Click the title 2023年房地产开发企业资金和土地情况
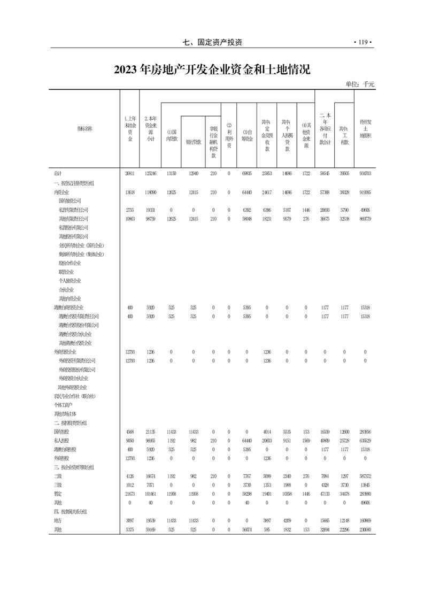click(212, 70)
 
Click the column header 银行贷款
click(193, 142)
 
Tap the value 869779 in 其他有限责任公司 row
click(365, 219)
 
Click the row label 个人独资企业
click(70, 281)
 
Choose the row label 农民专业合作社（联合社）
click(75, 396)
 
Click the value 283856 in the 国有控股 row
click(365, 432)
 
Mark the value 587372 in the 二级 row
click(365, 476)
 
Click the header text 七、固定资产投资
click(212, 42)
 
